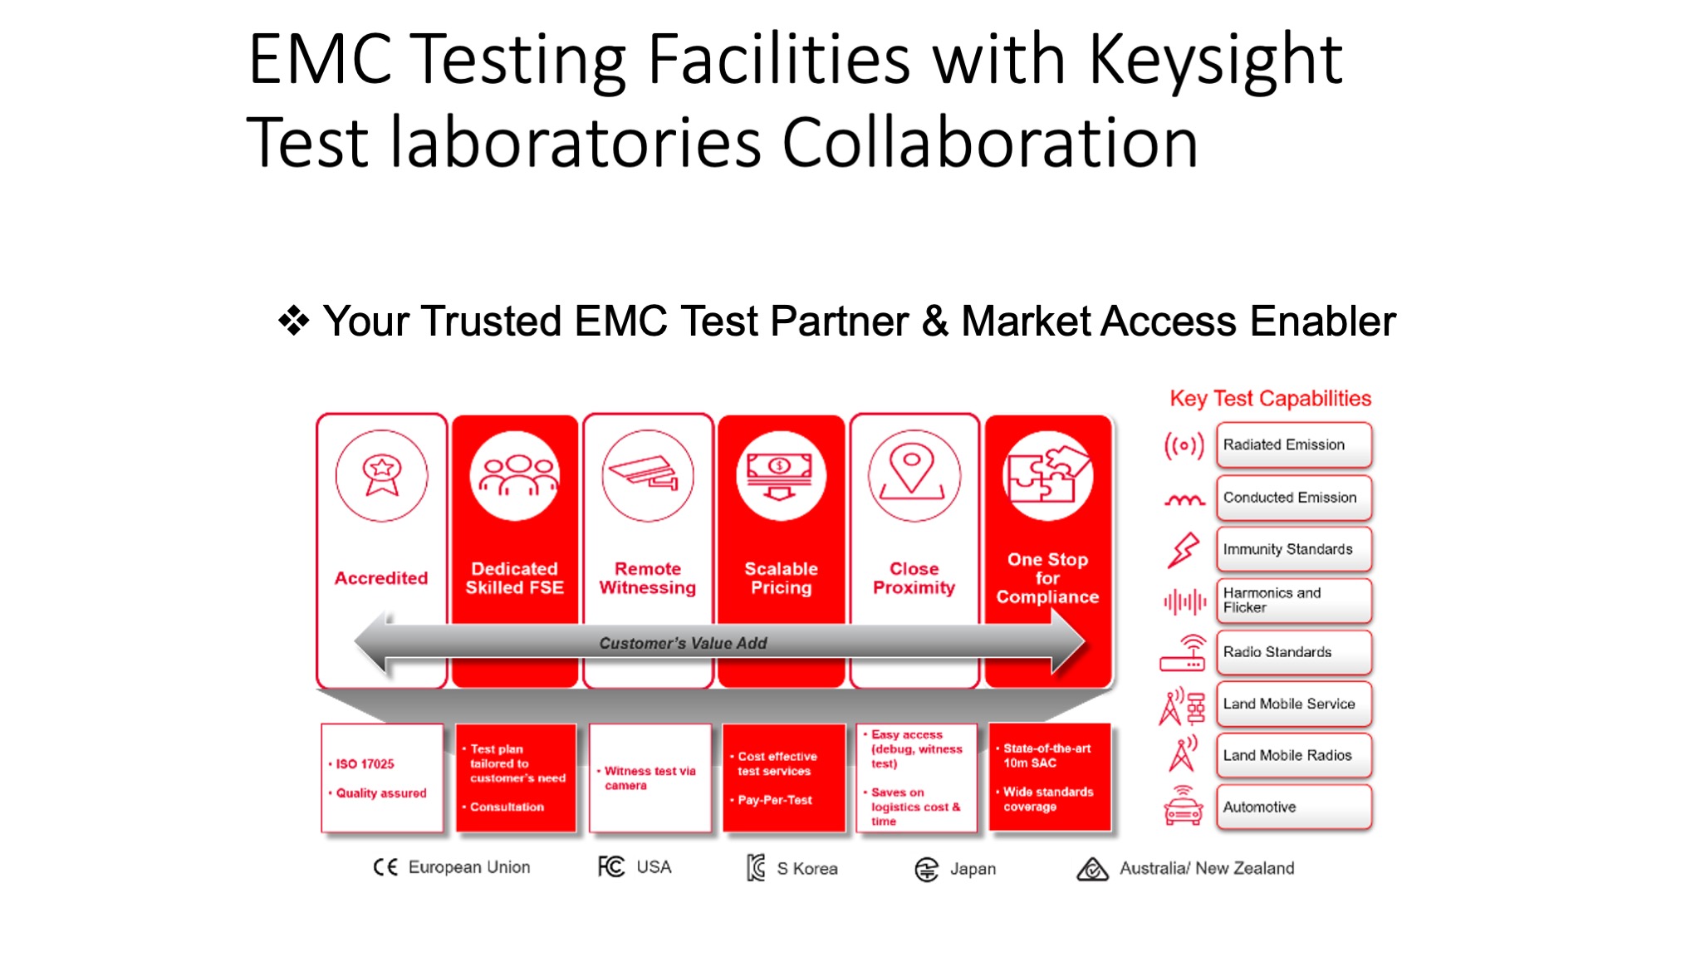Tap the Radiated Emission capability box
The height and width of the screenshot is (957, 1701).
coord(1294,445)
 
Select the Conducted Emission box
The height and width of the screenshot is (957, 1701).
coord(1294,497)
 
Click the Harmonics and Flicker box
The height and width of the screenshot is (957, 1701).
coord(1294,601)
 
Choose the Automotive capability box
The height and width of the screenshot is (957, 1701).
coord(1294,807)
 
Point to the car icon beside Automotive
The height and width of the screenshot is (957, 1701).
coord(1184,806)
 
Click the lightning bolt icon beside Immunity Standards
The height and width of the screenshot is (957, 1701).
coord(1184,550)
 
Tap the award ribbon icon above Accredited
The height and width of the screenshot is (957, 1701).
coord(381,475)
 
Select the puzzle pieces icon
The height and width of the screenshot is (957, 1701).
coord(1048,475)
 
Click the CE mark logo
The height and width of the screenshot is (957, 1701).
coord(385,867)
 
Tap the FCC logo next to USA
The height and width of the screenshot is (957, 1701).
coord(611,866)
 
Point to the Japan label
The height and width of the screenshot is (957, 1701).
coord(973,869)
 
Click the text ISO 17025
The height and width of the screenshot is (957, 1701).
coord(365,764)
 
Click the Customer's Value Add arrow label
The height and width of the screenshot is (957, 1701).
coord(683,643)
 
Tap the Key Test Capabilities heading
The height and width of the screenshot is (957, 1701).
coord(1270,399)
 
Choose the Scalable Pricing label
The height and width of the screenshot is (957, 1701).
coord(781,578)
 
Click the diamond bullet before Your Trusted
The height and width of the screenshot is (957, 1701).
coord(294,321)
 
